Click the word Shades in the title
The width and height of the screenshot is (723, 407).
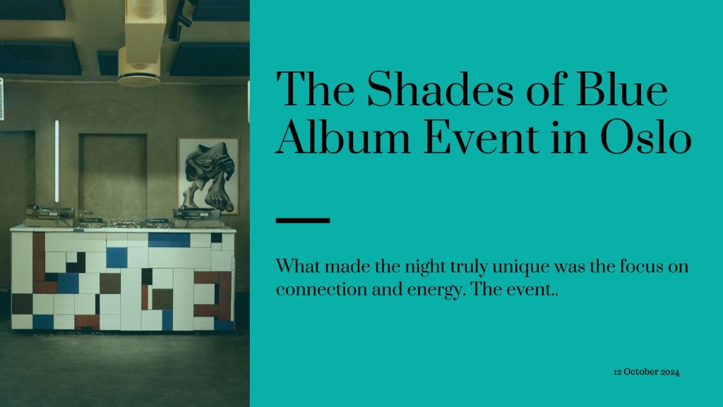click(440, 90)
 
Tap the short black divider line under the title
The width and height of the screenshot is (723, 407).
click(302, 220)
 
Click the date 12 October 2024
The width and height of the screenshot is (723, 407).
click(646, 372)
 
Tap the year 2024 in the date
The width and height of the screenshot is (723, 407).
click(670, 372)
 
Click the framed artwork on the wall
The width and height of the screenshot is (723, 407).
click(208, 175)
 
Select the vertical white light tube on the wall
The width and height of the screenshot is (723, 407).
click(56, 161)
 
